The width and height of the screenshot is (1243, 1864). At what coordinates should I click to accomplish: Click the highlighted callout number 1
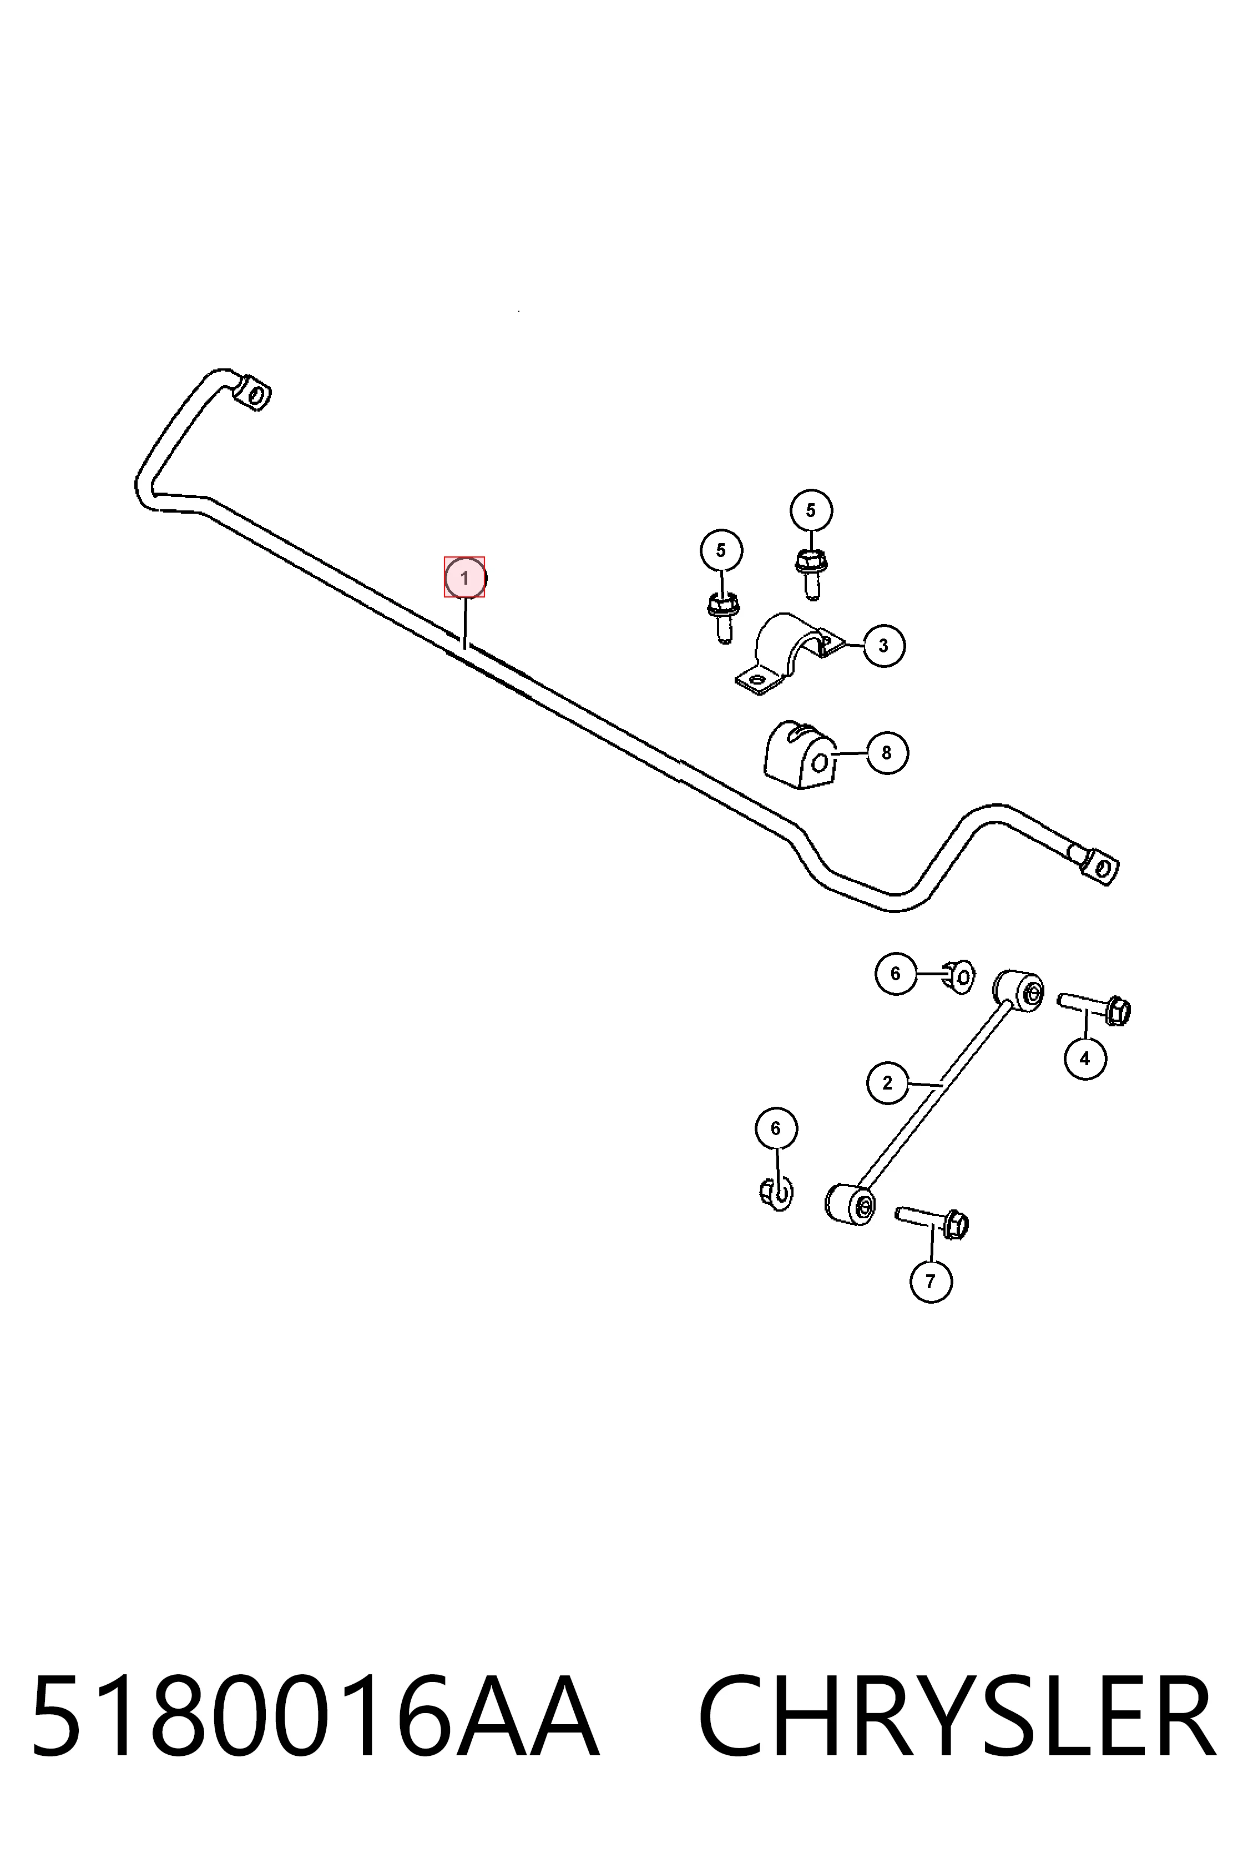[464, 578]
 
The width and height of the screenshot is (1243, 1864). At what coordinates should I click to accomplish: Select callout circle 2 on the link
[887, 1082]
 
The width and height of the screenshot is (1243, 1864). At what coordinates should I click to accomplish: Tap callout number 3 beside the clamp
[884, 645]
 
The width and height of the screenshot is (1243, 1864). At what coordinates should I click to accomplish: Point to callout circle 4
[1084, 1057]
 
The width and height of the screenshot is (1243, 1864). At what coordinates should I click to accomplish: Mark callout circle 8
[887, 752]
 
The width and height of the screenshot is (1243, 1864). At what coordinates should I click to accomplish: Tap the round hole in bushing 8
[821, 763]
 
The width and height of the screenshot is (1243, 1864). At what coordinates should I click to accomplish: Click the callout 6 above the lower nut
[775, 1128]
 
